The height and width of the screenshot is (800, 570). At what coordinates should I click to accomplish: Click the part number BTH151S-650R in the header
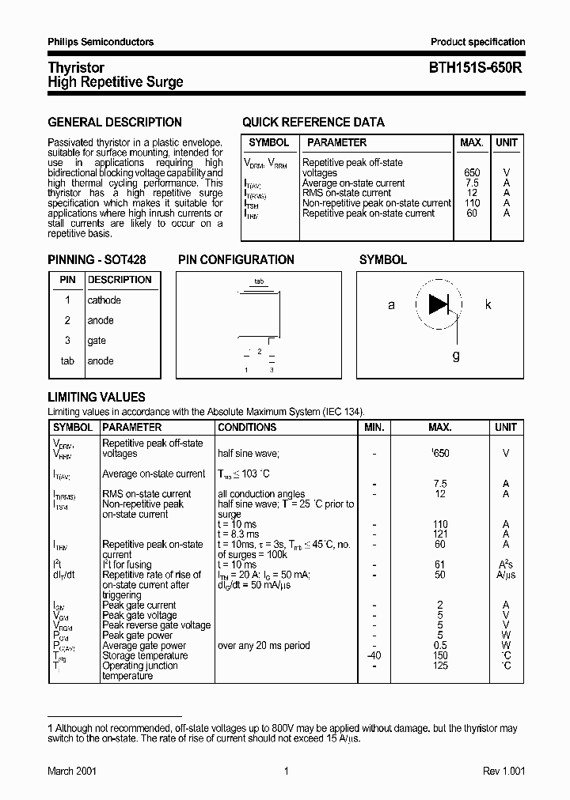click(478, 69)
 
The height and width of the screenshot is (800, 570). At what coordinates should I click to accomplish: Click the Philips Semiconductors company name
click(101, 42)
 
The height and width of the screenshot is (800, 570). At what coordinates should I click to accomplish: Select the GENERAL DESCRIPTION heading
click(115, 123)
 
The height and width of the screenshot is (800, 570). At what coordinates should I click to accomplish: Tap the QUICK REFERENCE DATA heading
click(313, 123)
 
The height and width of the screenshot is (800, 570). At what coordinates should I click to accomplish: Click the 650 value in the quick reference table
click(472, 172)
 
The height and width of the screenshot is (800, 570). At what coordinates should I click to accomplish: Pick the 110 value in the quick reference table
click(472, 203)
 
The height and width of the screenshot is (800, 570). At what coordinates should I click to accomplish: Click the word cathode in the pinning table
click(104, 300)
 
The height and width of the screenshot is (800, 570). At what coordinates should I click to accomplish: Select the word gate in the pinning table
click(96, 341)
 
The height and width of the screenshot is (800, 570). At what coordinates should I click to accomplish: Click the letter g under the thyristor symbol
click(456, 356)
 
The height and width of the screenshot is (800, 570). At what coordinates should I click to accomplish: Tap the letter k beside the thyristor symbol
click(488, 304)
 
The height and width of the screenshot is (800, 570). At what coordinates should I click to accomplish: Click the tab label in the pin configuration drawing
click(259, 281)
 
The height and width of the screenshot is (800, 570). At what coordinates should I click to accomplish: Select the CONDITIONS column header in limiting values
click(247, 427)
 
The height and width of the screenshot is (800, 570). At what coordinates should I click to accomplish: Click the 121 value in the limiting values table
click(440, 534)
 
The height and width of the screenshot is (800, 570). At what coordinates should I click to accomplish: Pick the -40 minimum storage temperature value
click(374, 656)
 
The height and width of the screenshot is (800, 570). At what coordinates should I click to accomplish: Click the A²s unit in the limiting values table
click(506, 564)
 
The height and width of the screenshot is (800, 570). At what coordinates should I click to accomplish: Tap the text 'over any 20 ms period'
click(264, 646)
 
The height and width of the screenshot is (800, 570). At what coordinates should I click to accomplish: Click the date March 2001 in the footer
click(72, 772)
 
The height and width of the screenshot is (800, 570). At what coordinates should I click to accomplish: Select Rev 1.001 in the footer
click(503, 772)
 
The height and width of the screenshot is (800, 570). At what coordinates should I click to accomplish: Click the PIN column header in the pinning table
click(67, 280)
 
